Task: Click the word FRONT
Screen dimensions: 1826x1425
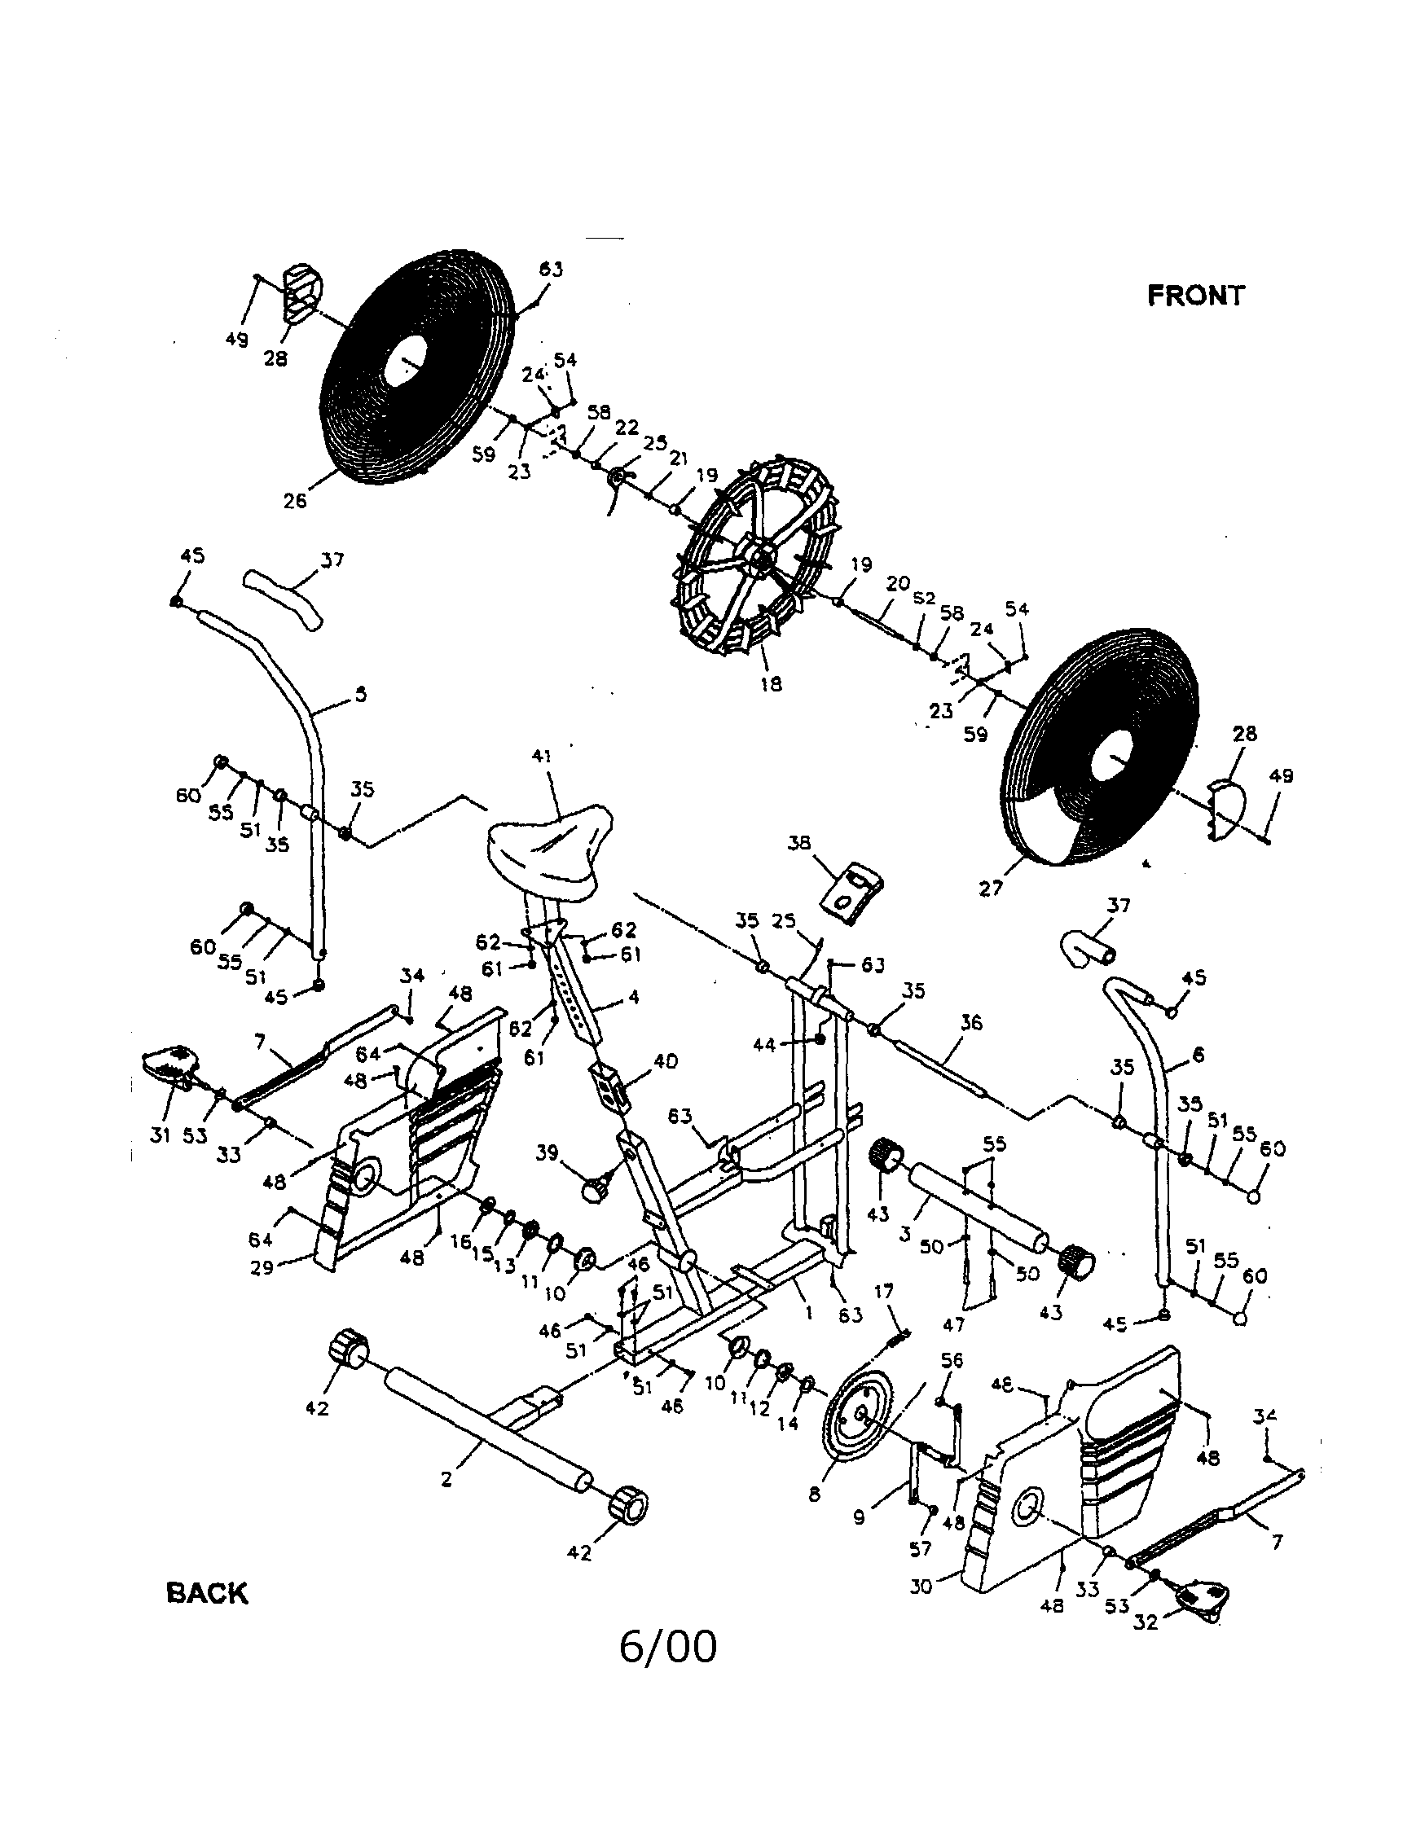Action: [x=1195, y=295]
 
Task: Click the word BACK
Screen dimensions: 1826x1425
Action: [x=208, y=1593]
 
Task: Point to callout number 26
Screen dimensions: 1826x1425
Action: [x=294, y=502]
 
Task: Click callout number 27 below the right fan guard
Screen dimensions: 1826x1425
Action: [x=990, y=889]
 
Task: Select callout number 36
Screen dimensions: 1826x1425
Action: [x=971, y=1024]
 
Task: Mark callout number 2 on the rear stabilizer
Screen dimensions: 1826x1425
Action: [x=446, y=1480]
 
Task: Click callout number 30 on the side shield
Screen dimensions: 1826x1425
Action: [x=921, y=1585]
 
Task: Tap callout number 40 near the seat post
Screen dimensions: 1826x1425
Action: [x=666, y=1061]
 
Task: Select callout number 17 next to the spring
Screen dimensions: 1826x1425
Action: [x=884, y=1292]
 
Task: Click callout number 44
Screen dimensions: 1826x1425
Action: [x=764, y=1043]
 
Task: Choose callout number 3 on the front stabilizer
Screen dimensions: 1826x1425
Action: [x=904, y=1233]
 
